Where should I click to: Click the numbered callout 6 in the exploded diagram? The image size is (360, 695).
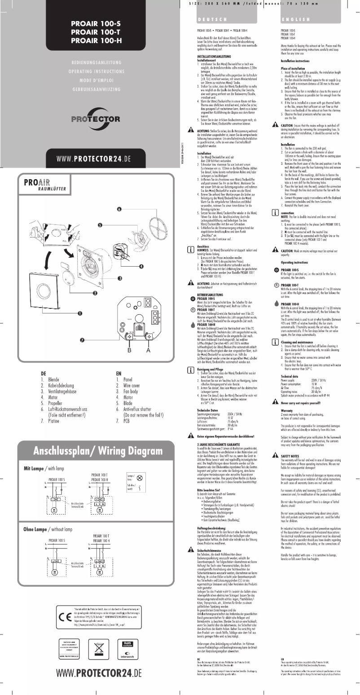tap(119, 209)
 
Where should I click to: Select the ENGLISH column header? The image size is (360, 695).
tap(294, 20)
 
